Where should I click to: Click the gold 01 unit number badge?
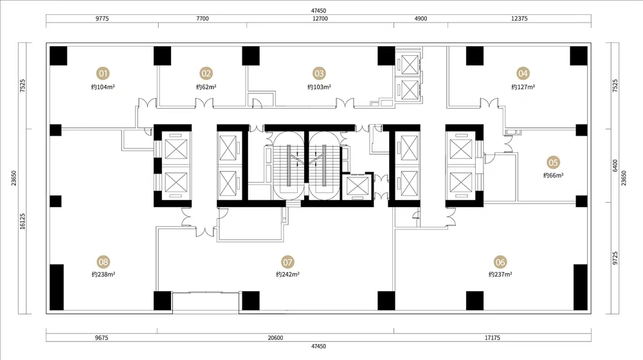pyautogui.click(x=103, y=73)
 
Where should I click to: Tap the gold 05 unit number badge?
pyautogui.click(x=553, y=163)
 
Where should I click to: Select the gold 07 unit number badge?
pyautogui.click(x=287, y=262)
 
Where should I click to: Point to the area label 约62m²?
pyautogui.click(x=206, y=87)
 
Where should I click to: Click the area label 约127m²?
pyautogui.click(x=523, y=87)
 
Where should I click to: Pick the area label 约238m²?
pyautogui.click(x=104, y=274)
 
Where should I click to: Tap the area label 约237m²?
pyautogui.click(x=500, y=274)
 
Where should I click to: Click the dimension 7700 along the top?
pyautogui.click(x=203, y=19)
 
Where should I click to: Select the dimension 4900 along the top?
pyautogui.click(x=421, y=19)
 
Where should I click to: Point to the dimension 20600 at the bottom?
pyautogui.click(x=275, y=338)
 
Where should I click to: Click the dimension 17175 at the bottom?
pyautogui.click(x=492, y=338)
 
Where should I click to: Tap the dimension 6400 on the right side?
pyautogui.click(x=615, y=165)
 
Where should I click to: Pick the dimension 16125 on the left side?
pyautogui.click(x=23, y=221)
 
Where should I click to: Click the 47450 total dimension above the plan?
pyautogui.click(x=318, y=11)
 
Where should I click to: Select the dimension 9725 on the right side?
pyautogui.click(x=615, y=258)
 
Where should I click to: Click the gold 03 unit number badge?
pyautogui.click(x=319, y=73)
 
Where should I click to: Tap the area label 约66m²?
pyautogui.click(x=553, y=175)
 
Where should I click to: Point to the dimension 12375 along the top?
pyautogui.click(x=519, y=19)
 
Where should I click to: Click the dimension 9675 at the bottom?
pyautogui.click(x=102, y=338)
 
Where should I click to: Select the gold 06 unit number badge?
pyautogui.click(x=500, y=262)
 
